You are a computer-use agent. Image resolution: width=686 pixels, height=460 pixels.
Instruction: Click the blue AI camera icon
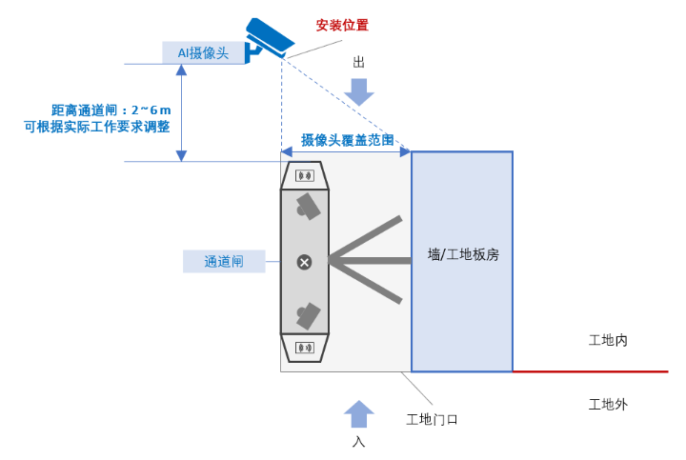point(269,38)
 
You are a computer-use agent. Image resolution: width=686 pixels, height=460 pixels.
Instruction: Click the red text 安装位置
point(342,25)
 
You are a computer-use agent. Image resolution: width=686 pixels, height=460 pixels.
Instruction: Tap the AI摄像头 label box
point(204,52)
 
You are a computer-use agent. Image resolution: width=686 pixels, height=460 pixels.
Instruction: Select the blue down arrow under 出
point(359,91)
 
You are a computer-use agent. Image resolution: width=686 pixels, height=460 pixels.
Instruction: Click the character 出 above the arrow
point(359,62)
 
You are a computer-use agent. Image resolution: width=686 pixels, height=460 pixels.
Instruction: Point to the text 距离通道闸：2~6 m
point(111,110)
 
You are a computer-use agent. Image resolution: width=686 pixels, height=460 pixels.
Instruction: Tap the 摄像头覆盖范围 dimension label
point(347,140)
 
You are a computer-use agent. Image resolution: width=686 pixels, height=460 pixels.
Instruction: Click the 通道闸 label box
point(224,261)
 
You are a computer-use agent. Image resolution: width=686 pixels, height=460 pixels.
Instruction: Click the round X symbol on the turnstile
point(304,262)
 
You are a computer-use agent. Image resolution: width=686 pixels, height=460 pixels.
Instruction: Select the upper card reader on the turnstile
point(306,206)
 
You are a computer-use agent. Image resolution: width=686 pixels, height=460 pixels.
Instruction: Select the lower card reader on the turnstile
point(306,314)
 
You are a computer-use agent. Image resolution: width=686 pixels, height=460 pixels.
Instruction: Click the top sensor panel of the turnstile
point(305,176)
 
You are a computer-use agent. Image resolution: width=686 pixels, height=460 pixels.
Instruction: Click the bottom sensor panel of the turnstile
point(305,348)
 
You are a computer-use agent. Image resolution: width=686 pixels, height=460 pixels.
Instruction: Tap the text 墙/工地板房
point(463,255)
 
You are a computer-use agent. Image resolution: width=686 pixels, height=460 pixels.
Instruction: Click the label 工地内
point(608,340)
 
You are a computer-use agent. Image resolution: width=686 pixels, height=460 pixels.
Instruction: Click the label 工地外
point(608,405)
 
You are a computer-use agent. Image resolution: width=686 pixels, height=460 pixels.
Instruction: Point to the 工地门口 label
point(433,420)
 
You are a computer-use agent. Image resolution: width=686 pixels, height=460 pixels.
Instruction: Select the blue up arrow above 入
point(359,413)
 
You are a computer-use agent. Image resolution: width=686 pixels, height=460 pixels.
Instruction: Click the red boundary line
point(591,371)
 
